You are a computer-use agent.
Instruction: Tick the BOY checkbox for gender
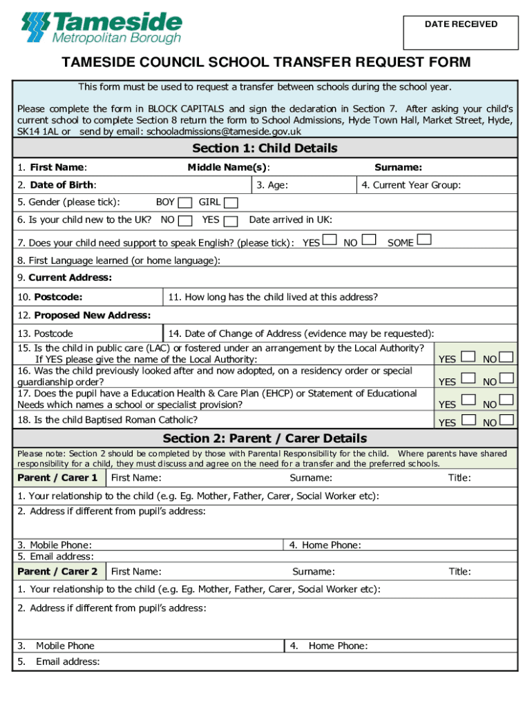[184, 202]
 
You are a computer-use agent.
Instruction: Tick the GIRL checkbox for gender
[231, 202]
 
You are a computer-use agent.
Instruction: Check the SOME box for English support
[424, 240]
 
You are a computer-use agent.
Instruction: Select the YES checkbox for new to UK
[231, 220]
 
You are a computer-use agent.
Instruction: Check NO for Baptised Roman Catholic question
[506, 420]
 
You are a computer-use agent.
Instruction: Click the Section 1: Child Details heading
[265, 148]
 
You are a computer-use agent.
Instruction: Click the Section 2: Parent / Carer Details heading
[265, 438]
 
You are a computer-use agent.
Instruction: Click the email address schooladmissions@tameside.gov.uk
[224, 131]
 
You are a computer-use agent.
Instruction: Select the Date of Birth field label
[57, 184]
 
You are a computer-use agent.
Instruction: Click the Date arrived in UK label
[290, 220]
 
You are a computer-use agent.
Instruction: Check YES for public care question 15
[468, 356]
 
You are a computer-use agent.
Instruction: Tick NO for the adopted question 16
[506, 378]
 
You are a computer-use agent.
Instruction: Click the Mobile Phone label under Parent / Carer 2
[65, 646]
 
